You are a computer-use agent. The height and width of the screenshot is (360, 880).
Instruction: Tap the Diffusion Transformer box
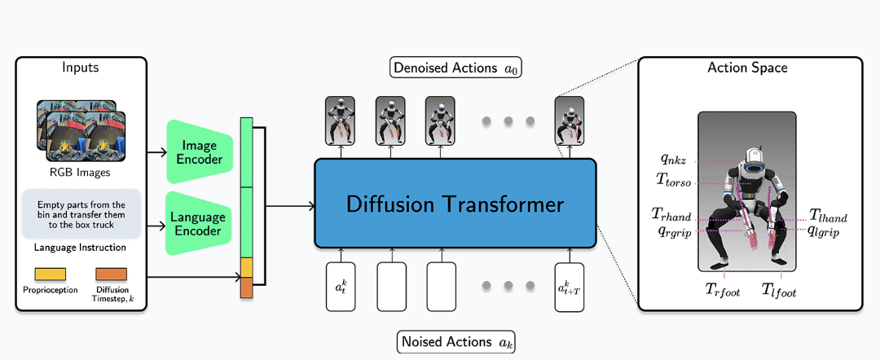(455, 203)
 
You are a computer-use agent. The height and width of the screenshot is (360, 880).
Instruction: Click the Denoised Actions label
(455, 68)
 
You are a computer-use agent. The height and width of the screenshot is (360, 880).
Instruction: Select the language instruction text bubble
(80, 214)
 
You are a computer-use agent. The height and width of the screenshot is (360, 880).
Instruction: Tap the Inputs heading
(80, 68)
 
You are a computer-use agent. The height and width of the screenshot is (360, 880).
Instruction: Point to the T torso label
(673, 178)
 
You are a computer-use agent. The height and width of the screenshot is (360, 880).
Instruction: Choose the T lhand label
(828, 216)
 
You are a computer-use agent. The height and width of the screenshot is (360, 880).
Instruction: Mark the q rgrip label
(675, 231)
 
